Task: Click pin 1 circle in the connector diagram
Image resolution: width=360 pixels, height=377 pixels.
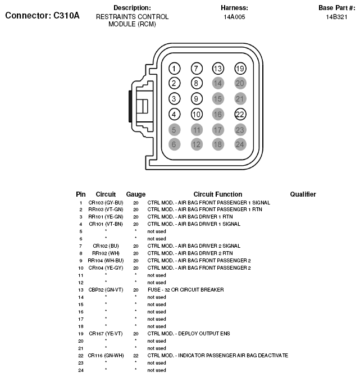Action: tap(175, 69)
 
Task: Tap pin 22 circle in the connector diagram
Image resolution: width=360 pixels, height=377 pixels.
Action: tap(240, 115)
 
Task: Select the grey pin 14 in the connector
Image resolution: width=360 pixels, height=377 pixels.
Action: tap(218, 84)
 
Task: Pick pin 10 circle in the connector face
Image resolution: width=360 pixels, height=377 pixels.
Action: tap(196, 115)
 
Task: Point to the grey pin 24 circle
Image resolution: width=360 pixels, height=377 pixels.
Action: tap(240, 145)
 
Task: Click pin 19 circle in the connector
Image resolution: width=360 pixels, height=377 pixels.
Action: tap(240, 69)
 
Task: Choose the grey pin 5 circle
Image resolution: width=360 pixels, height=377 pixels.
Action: tap(175, 130)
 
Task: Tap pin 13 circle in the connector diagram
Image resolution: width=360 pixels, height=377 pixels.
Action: tap(218, 69)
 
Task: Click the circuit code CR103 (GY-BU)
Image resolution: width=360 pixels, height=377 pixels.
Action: tap(106, 202)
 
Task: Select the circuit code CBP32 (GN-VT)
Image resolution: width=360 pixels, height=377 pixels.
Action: tap(106, 290)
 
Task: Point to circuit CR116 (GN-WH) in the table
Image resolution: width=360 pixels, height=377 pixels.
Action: tap(106, 356)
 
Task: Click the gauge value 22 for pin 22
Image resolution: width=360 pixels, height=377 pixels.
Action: tap(135, 356)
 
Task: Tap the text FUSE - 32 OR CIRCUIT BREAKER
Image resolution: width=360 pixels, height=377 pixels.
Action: tap(185, 290)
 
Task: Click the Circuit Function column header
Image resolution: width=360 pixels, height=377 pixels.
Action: tap(217, 194)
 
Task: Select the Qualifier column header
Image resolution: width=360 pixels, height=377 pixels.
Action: tap(303, 194)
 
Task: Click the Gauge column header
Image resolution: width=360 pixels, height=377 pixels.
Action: tap(135, 194)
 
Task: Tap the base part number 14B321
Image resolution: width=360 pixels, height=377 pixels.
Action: tap(337, 17)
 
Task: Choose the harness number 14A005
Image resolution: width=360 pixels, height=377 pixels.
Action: tap(234, 17)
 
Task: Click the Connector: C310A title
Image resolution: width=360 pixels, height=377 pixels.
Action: tap(42, 15)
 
